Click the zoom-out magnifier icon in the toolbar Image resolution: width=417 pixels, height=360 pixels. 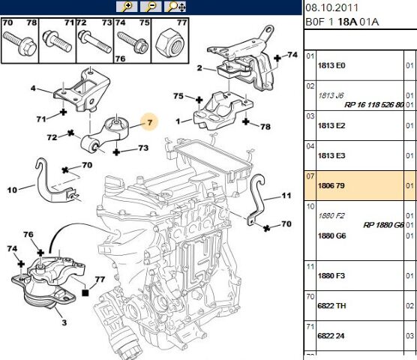tap(151, 7)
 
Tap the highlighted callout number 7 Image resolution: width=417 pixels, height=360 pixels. tap(148, 121)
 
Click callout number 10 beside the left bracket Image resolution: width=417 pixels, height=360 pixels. tap(12, 190)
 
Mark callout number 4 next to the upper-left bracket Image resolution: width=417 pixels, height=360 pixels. tap(33, 89)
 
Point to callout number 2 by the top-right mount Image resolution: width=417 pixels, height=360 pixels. tap(199, 68)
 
